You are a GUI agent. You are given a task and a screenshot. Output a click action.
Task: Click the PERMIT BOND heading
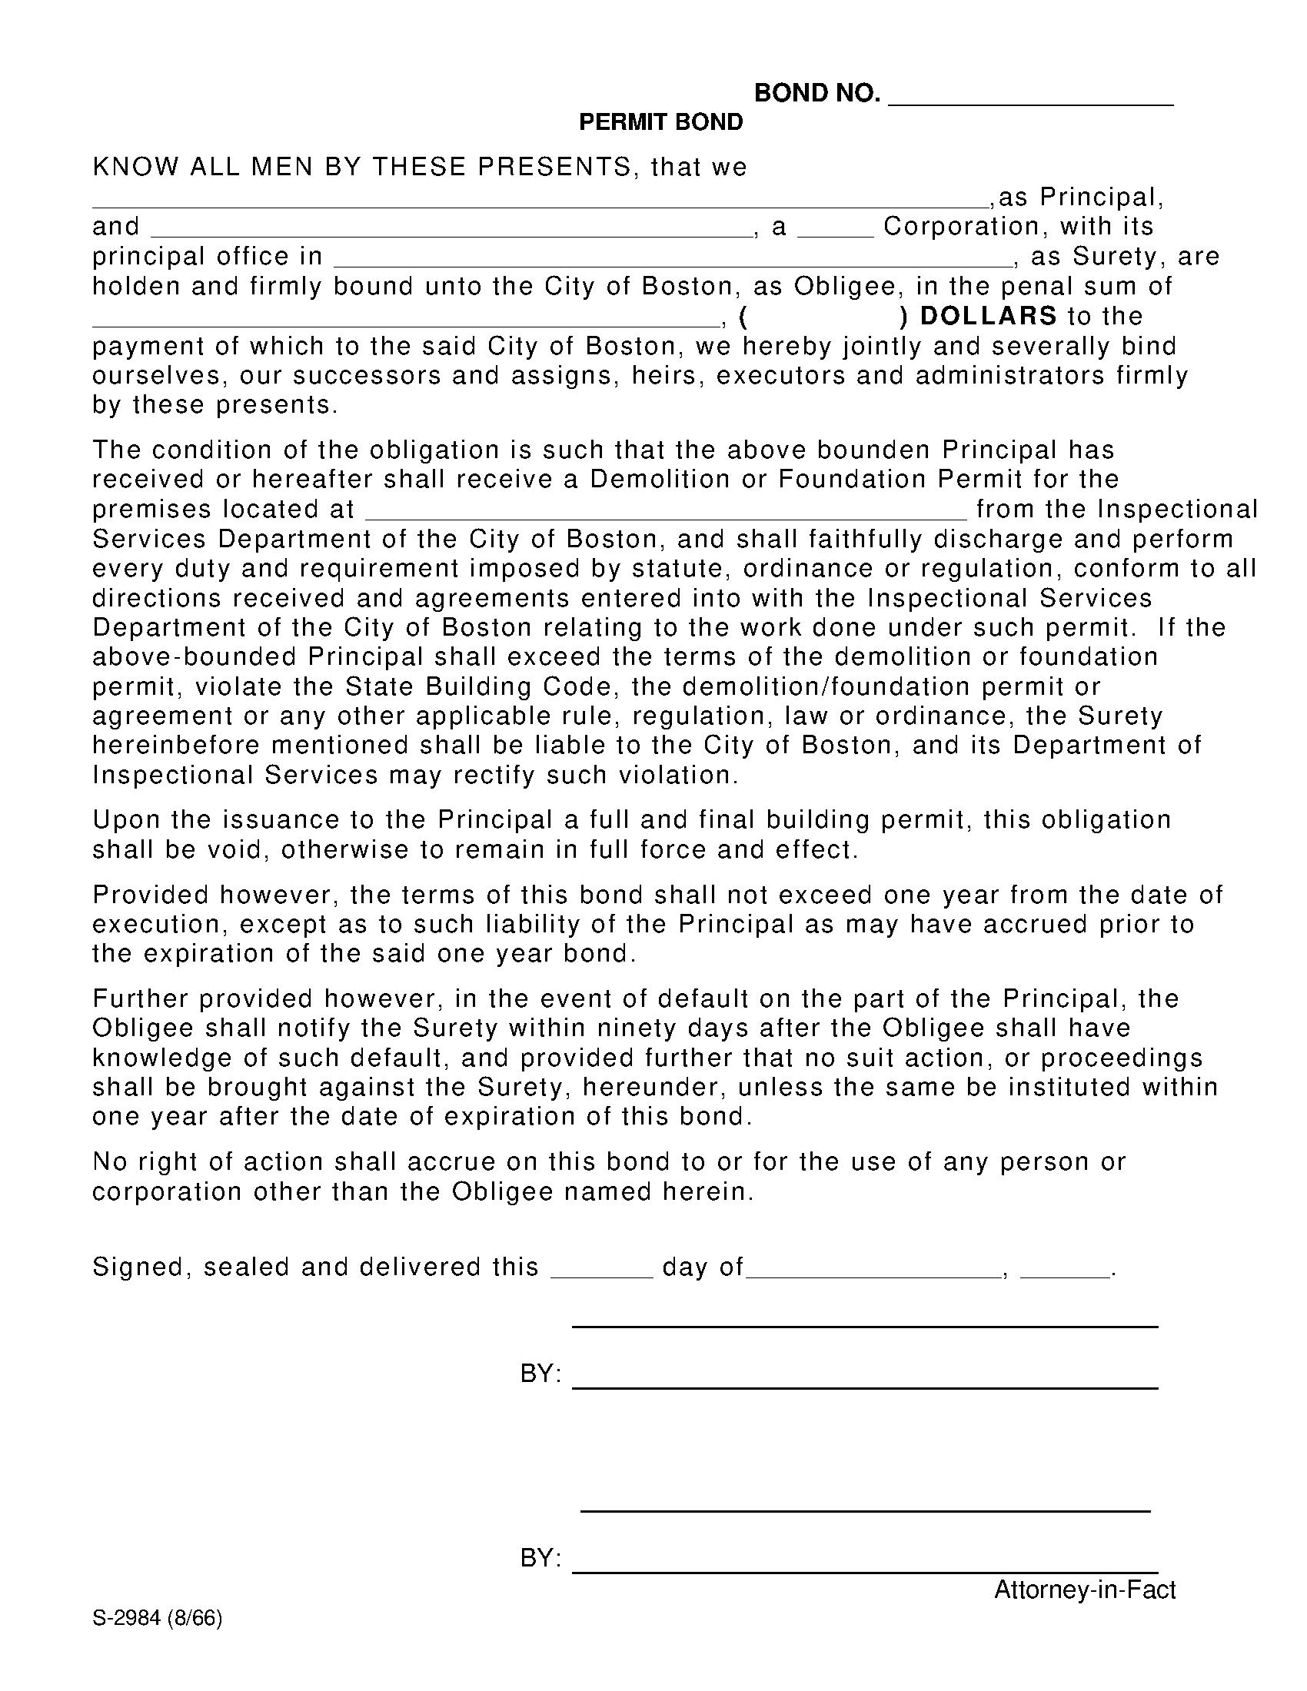[x=660, y=122]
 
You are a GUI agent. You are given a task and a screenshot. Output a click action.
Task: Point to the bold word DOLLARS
[x=988, y=316]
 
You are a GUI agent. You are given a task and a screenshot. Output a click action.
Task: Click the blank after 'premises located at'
[x=665, y=517]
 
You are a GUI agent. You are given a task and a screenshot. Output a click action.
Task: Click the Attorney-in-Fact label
[x=1084, y=1590]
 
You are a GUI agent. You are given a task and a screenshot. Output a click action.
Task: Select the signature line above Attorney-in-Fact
[x=864, y=1570]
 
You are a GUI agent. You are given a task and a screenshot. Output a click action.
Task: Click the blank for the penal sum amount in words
[x=406, y=323]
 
